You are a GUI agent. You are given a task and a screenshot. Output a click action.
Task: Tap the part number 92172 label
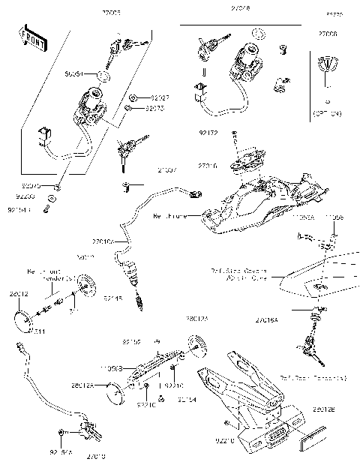[208, 133]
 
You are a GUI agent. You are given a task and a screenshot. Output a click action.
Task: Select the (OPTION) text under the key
[326, 113]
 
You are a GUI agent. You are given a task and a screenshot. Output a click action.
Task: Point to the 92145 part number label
[112, 298]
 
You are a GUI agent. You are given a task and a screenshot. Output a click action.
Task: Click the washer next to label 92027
[132, 98]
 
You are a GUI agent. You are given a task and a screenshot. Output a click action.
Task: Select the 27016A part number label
[267, 319]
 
